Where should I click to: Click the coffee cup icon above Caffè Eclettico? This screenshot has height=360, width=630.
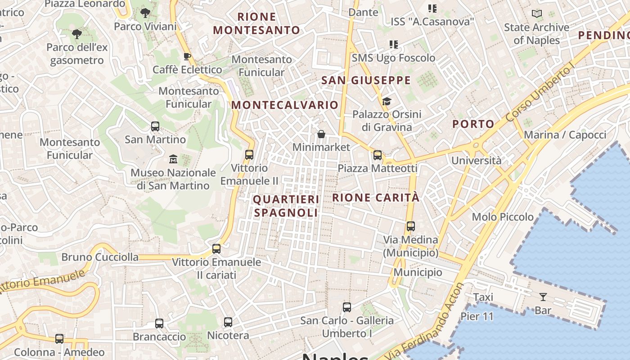187,56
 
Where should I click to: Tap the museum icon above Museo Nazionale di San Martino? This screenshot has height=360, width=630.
173,159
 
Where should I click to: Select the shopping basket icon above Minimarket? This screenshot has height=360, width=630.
321,134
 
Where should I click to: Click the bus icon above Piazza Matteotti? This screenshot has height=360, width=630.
378,155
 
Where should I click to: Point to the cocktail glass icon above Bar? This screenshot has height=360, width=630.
543,297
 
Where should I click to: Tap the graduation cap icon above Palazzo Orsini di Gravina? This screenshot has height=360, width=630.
387,101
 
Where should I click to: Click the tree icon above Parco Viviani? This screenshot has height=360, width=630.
145,13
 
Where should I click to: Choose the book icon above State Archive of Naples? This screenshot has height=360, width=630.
536,14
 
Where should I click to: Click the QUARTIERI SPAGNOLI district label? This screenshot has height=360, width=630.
286,206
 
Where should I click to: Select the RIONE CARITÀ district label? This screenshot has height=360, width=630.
376,198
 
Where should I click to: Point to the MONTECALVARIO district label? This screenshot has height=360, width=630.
285,105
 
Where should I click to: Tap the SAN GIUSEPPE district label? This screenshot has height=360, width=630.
366,81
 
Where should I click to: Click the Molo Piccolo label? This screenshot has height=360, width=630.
503,217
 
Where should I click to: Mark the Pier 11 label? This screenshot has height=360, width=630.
477,316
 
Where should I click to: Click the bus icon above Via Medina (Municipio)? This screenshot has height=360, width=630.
410,226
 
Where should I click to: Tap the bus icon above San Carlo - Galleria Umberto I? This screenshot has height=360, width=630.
347,307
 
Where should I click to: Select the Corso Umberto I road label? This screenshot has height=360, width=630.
540,93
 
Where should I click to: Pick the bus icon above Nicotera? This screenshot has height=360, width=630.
228,322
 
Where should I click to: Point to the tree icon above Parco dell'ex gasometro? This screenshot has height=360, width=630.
77,34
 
